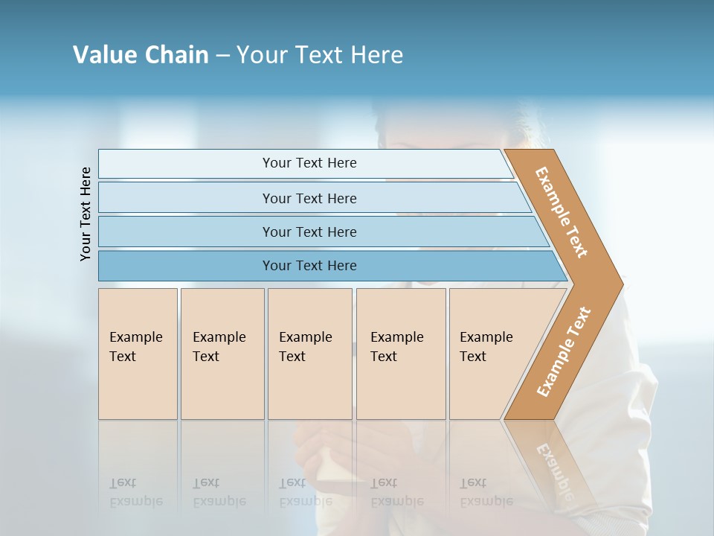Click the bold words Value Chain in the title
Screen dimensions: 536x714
[141, 55]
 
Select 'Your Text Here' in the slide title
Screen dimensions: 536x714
[320, 55]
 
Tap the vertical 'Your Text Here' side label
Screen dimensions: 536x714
[86, 214]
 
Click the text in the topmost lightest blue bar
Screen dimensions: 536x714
[309, 163]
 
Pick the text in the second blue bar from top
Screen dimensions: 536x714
[309, 199]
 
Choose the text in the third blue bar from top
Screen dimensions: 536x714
[309, 232]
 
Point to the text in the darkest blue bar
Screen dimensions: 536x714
[309, 266]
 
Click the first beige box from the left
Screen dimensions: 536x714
[138, 354]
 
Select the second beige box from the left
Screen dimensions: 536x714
[222, 354]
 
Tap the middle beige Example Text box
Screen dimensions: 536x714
[309, 354]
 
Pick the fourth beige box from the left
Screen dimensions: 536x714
[401, 354]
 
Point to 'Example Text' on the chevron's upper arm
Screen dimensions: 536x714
[562, 212]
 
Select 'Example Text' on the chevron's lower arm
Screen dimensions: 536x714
[563, 352]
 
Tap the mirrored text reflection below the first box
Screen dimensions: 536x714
[136, 493]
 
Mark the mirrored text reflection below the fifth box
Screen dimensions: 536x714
[486, 493]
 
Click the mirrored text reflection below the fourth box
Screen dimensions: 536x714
[396, 493]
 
